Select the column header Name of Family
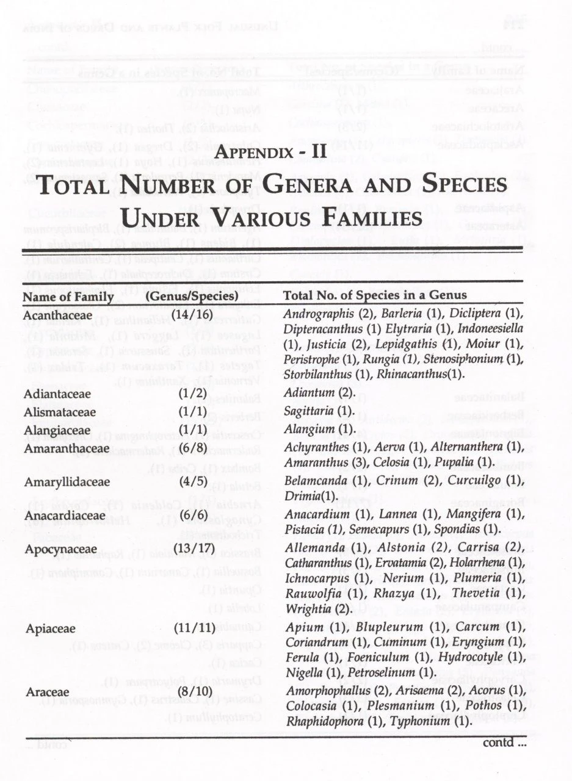[x=68, y=297]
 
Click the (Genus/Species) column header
[x=192, y=297]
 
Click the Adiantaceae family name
[x=57, y=394]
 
